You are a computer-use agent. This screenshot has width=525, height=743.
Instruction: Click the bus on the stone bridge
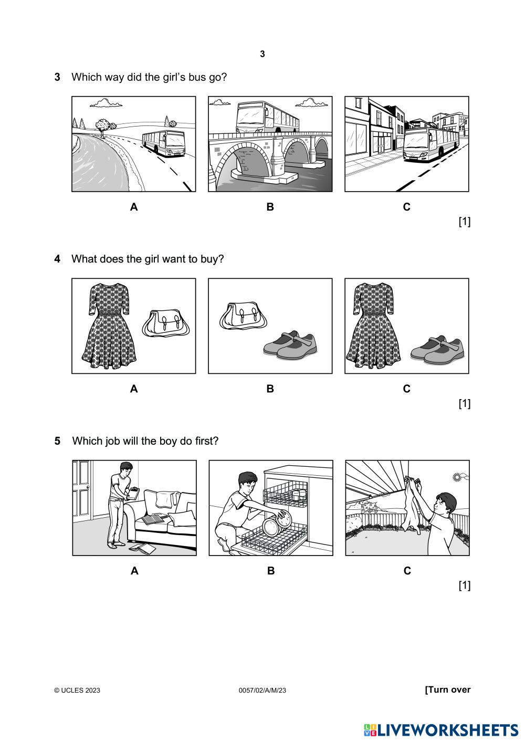tap(267, 117)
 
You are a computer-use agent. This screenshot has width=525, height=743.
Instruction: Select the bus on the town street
tap(430, 144)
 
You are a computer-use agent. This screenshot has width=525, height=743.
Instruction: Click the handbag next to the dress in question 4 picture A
tap(166, 323)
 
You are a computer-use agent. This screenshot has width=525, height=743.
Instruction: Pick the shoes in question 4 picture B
tap(290, 346)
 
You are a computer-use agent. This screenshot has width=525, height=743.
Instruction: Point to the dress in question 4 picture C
tap(373, 326)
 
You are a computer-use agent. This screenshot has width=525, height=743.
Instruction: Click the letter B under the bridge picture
tap(270, 207)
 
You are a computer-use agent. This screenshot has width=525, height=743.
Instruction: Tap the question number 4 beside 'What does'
tap(57, 259)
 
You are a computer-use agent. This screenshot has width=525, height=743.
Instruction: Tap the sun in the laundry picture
tap(457, 477)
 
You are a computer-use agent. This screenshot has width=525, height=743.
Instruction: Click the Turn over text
tap(447, 689)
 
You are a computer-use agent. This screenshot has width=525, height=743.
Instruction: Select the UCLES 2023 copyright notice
tap(77, 690)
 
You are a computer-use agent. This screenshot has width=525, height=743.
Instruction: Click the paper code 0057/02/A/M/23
tap(262, 690)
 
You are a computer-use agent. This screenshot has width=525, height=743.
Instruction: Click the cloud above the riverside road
tap(106, 103)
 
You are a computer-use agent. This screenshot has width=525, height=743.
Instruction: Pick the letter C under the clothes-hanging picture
tap(407, 571)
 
